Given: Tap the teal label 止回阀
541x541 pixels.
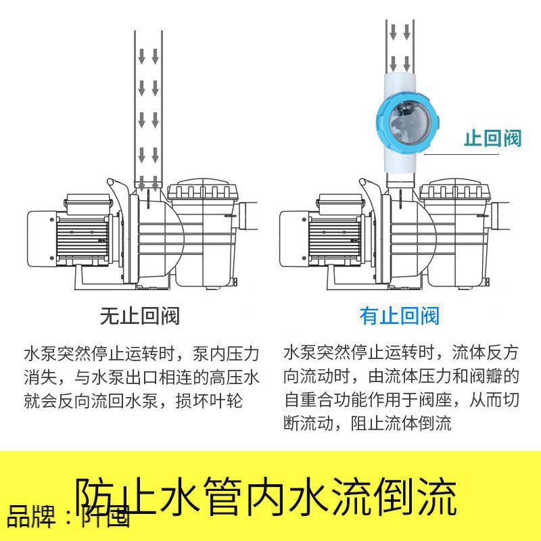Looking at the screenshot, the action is (492, 139).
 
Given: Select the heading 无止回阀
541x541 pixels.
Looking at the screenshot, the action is (139, 315).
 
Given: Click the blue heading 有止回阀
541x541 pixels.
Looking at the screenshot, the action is (399, 315).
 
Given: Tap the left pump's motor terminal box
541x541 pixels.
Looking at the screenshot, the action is (85, 202).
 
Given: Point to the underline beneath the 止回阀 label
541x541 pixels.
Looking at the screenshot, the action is (473, 155).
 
